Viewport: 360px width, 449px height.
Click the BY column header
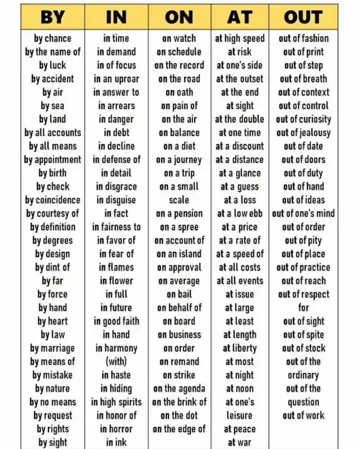pyautogui.click(x=53, y=17)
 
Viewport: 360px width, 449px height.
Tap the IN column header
pyautogui.click(x=116, y=17)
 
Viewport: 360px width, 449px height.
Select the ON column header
pyautogui.click(x=179, y=17)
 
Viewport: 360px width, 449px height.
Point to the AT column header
pyautogui.click(x=240, y=17)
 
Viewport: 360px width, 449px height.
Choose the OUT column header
pyautogui.click(x=303, y=17)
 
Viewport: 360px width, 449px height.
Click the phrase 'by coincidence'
pyautogui.click(x=53, y=200)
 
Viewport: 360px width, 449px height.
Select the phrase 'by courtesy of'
pyautogui.click(x=53, y=213)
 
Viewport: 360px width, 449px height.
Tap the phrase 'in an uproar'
pyautogui.click(x=116, y=79)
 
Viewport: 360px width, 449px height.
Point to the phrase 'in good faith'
pyautogui.click(x=116, y=321)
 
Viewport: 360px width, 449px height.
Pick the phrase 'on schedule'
pyautogui.click(x=179, y=52)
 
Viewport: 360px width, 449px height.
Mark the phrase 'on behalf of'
pyautogui.click(x=179, y=308)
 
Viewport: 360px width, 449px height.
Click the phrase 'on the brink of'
pyautogui.click(x=179, y=402)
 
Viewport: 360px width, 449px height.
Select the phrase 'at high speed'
pyautogui.click(x=240, y=38)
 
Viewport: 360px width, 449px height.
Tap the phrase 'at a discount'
pyautogui.click(x=240, y=146)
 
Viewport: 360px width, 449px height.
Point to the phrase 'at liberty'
pyautogui.click(x=240, y=348)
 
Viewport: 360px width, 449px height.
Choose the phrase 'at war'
pyautogui.click(x=240, y=442)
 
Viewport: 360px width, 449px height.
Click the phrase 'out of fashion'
pyautogui.click(x=304, y=38)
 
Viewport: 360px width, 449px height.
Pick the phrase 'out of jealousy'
pyautogui.click(x=304, y=133)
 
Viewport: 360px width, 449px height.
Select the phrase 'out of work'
pyautogui.click(x=304, y=416)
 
